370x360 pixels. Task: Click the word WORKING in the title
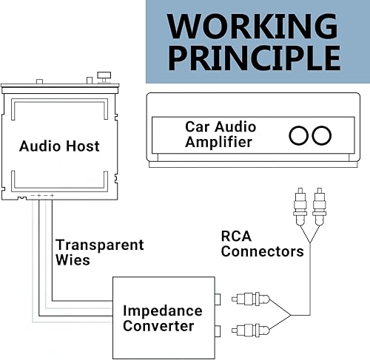coord(254,25)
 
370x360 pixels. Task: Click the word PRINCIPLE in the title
coord(254,58)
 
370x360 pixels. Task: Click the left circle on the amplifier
coord(299,135)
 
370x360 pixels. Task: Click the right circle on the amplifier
coord(321,135)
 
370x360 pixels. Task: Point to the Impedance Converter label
coord(159,318)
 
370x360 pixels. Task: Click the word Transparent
coord(100,245)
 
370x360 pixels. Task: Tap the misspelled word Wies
coord(73,260)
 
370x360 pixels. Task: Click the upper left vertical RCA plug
coord(300,208)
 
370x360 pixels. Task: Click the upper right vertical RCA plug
coord(319,208)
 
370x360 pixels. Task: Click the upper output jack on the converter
coord(218,299)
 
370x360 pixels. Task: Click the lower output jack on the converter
coord(218,329)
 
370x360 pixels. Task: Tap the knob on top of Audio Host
coord(104,75)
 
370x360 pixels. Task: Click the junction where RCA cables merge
coord(290,315)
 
